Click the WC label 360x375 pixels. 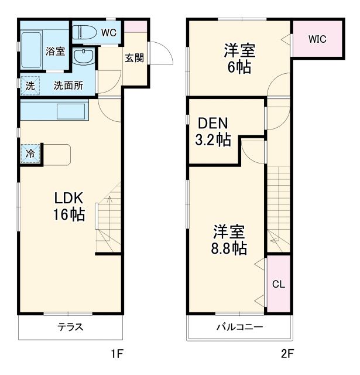[x=108, y=33]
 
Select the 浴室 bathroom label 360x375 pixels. [x=55, y=51]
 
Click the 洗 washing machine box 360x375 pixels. [x=30, y=85]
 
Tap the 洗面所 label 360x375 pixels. [x=68, y=85]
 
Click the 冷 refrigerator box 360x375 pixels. [x=29, y=155]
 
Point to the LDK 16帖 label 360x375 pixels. [x=69, y=206]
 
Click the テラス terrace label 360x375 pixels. [x=70, y=328]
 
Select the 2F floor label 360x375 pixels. [x=287, y=354]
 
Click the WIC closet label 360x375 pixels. [x=317, y=39]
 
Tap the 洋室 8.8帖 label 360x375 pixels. [x=229, y=239]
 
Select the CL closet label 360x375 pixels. [x=278, y=284]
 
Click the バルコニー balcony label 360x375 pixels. [x=239, y=327]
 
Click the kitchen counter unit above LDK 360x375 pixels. [x=54, y=111]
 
